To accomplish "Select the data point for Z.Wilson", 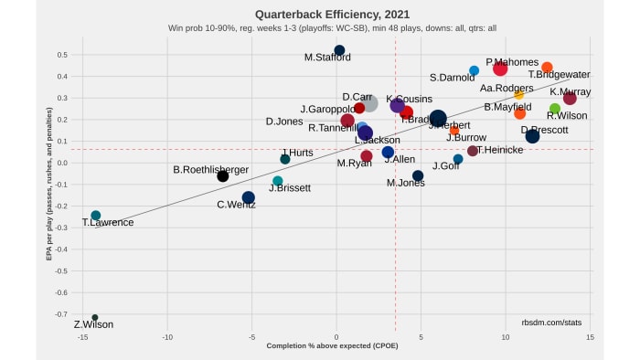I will click(94, 318).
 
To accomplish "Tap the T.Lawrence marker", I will click(96, 216).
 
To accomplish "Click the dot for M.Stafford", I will click(339, 50).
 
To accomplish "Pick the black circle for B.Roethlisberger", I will click(222, 175).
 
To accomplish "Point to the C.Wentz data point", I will click(249, 197).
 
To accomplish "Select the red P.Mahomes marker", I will click(500, 69).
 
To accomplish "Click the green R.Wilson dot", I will click(554, 109).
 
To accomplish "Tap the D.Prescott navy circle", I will click(532, 136).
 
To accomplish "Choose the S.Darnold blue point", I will click(474, 70).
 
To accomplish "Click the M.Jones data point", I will click(418, 175).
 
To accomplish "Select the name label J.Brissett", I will click(290, 188).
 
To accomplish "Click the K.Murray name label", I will click(570, 91).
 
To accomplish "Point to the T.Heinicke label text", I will click(498, 150).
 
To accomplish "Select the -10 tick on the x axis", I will click(167, 337).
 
